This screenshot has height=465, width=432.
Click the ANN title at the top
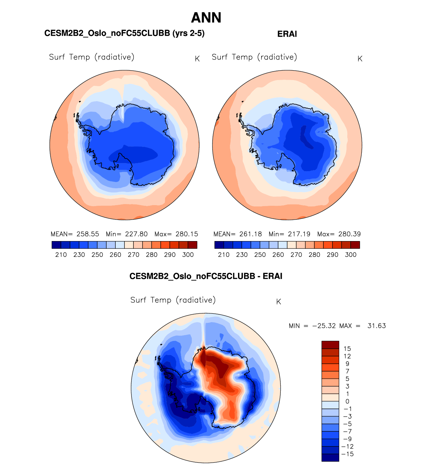click(x=206, y=18)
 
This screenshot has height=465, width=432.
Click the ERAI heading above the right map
click(x=287, y=34)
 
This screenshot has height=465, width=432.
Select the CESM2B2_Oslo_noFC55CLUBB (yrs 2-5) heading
click(x=124, y=33)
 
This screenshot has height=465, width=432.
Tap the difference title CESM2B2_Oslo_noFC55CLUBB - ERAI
click(x=206, y=276)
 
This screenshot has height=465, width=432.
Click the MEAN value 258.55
click(x=88, y=234)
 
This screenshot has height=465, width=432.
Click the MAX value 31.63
click(x=377, y=326)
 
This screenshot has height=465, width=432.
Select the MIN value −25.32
click(x=324, y=326)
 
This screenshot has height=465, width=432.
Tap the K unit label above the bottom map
click(x=278, y=302)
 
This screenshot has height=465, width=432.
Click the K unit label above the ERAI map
click(x=360, y=59)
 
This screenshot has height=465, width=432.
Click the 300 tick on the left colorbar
click(x=188, y=255)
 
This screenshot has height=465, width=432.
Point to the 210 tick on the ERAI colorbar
click(x=224, y=255)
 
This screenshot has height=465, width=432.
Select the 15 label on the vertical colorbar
click(x=347, y=349)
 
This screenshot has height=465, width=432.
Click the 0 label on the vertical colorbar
click(x=347, y=401)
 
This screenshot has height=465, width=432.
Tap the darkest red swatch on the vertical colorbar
click(x=330, y=345)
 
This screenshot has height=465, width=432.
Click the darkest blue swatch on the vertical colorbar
click(x=330, y=458)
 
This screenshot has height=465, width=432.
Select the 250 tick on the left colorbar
click(x=97, y=255)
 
